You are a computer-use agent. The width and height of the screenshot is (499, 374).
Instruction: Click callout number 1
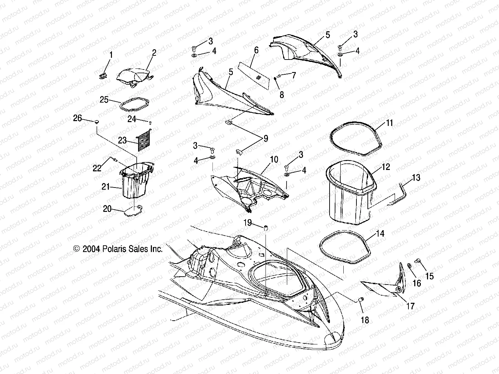tap(111, 54)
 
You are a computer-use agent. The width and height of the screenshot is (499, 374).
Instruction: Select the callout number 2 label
tap(154, 53)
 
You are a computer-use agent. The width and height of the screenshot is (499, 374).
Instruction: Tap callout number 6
tap(256, 50)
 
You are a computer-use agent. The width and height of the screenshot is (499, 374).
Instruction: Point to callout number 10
tap(274, 160)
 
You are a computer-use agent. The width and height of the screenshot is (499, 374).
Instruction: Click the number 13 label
tap(416, 178)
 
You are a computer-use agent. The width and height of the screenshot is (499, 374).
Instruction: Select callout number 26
tap(77, 118)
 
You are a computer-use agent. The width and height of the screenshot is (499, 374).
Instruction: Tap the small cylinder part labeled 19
tap(266, 228)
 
